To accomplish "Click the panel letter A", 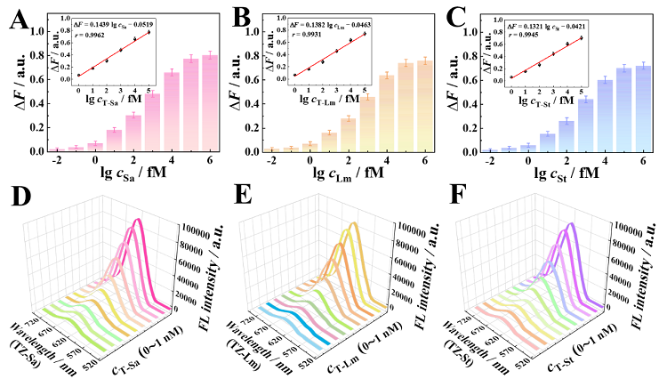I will click(17, 20).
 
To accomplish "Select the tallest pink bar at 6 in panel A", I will click(210, 103).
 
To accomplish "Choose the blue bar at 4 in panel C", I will click(604, 116).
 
